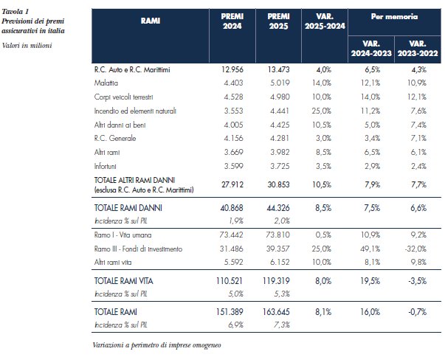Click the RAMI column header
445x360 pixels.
click(151, 21)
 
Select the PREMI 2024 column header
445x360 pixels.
click(232, 21)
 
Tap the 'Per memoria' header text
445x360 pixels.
click(394, 17)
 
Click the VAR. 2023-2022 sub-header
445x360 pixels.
click(418, 49)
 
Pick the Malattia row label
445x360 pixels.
click(106, 83)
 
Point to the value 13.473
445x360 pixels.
click(278, 69)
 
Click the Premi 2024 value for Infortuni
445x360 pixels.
click(233, 166)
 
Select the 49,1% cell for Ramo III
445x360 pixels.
click(370, 249)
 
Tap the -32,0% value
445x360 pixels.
click(415, 249)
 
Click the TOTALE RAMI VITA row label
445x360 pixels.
click(123, 281)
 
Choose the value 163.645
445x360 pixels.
click(276, 312)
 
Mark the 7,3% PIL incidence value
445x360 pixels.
click(281, 325)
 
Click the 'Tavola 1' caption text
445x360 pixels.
click(15, 12)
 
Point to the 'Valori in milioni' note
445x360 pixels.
click(27, 46)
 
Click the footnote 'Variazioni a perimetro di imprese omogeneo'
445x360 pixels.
click(156, 345)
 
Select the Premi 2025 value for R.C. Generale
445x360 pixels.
click(280, 138)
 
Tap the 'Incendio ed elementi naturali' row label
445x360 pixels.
click(135, 111)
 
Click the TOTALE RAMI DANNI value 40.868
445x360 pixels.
click(232, 208)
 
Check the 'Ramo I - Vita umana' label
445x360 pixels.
click(123, 235)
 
